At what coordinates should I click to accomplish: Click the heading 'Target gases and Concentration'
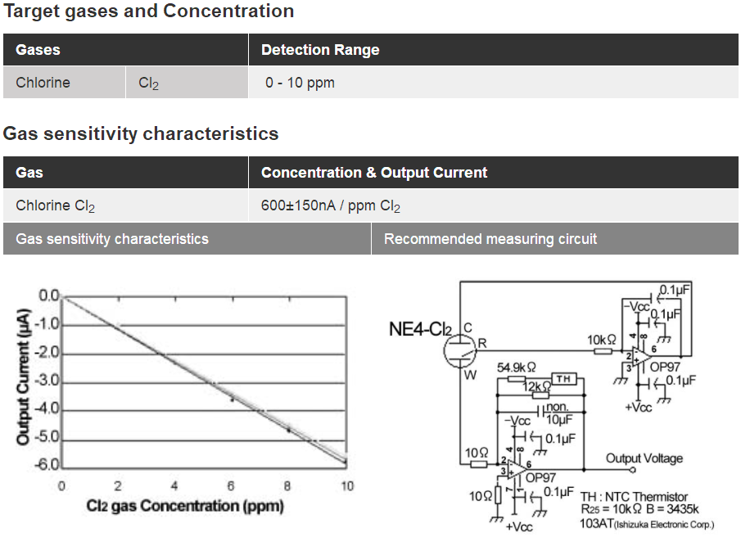coord(148,11)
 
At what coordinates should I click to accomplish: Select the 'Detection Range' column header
coord(320,50)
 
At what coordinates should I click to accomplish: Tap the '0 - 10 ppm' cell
coord(300,83)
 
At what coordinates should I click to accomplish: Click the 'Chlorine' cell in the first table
coord(43,83)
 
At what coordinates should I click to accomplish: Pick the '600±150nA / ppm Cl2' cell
coord(331,206)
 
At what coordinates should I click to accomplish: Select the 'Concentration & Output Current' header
coord(373,173)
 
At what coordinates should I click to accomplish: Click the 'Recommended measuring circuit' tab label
coord(490,239)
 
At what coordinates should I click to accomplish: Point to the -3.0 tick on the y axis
coord(48,381)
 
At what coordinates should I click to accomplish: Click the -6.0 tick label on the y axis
coord(48,465)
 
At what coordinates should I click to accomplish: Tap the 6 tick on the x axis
coord(232,486)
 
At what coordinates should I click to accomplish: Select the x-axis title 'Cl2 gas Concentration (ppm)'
coord(185,506)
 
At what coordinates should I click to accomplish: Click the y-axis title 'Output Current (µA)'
coord(24,376)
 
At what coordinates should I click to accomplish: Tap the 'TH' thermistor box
coord(563,378)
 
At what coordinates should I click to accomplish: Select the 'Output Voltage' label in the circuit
coord(644,458)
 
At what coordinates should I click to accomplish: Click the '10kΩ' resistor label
coord(601,339)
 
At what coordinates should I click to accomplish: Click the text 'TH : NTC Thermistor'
coord(634,497)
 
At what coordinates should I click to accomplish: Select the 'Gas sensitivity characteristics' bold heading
coord(141,133)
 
